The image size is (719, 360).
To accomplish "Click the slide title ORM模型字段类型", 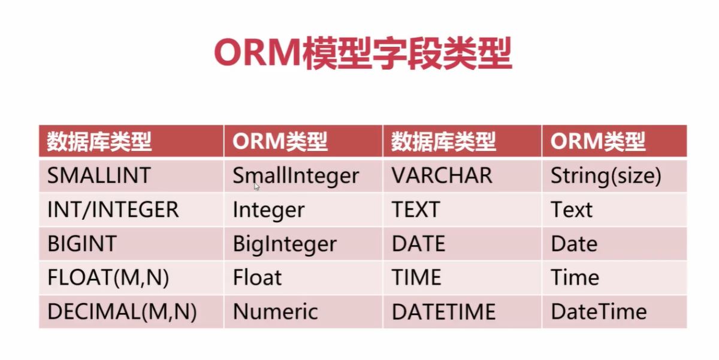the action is [x=363, y=53].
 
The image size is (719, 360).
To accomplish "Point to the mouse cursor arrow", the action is [x=256, y=187].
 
